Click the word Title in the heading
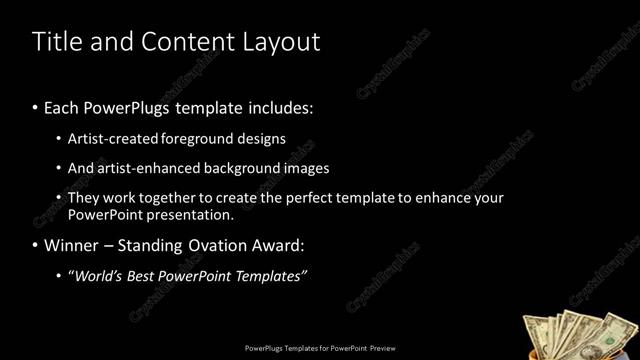[x=55, y=42]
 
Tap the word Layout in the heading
[x=280, y=42]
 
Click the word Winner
[x=73, y=245]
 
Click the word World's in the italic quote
[x=101, y=275]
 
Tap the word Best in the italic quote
[x=149, y=275]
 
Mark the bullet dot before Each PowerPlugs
[x=36, y=107]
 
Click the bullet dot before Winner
[x=36, y=245]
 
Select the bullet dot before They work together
[x=59, y=198]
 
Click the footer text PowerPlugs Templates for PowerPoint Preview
[x=319, y=349]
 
